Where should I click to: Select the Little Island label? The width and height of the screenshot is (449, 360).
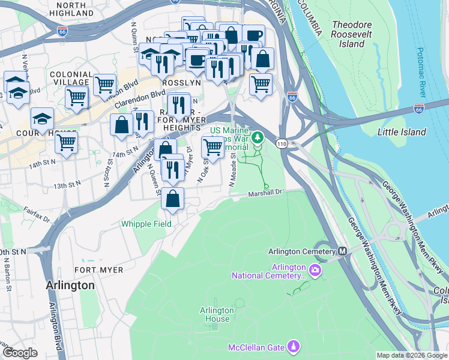pyautogui.click(x=402, y=132)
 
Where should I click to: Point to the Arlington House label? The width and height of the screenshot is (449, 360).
pyautogui.click(x=217, y=314)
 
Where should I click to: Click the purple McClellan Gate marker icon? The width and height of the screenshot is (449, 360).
pyautogui.click(x=294, y=346)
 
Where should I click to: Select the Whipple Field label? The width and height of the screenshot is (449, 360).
pyautogui.click(x=146, y=224)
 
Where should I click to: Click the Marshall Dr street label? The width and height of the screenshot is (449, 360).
pyautogui.click(x=266, y=193)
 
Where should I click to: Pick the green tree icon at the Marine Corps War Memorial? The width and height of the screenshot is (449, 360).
pyautogui.click(x=258, y=138)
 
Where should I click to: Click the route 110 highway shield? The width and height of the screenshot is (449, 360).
pyautogui.click(x=281, y=143)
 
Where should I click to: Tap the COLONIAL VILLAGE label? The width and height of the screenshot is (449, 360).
pyautogui.click(x=71, y=79)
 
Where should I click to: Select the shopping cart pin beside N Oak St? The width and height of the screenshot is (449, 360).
pyautogui.click(x=213, y=146)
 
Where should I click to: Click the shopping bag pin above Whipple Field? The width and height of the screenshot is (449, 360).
pyautogui.click(x=173, y=199)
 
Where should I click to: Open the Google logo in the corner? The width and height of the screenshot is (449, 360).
pyautogui.click(x=20, y=353)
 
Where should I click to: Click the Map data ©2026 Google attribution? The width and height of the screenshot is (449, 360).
pyautogui.click(x=412, y=355)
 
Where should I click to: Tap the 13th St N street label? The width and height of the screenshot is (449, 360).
pyautogui.click(x=67, y=187)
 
